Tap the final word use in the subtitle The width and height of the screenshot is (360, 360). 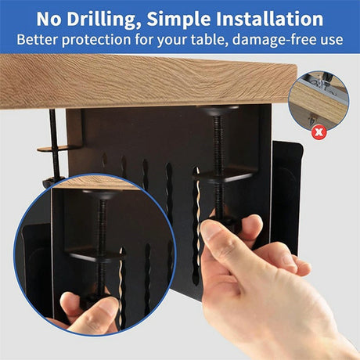coord(331,39)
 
